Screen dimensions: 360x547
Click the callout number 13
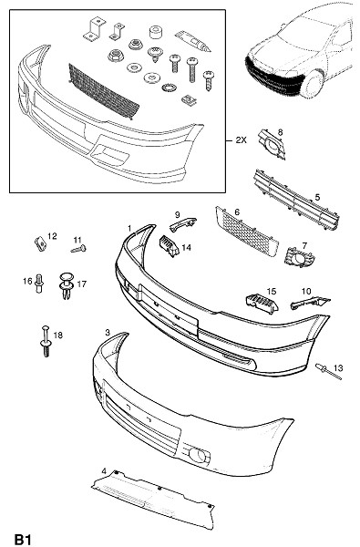pos(338,367)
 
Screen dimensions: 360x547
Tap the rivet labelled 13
pos(328,372)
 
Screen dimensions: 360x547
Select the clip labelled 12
pos(41,243)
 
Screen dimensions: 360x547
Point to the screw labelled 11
pos(78,249)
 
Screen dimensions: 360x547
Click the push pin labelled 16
pos(39,283)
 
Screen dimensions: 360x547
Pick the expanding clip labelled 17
pos(66,285)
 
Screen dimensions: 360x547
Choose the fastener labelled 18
pos(46,341)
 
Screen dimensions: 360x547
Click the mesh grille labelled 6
pos(247,232)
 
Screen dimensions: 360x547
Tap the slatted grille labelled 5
pos(296,200)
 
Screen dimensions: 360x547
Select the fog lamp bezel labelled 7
pos(299,258)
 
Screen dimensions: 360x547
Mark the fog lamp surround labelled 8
pos(272,144)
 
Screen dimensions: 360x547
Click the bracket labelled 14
pos(169,245)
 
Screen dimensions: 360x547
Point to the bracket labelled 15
pos(262,303)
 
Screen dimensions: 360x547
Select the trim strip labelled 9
pos(182,224)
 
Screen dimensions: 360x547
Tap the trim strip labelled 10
pos(310,302)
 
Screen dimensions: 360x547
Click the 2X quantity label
pos(241,140)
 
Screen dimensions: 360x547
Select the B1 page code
pos(23,540)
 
